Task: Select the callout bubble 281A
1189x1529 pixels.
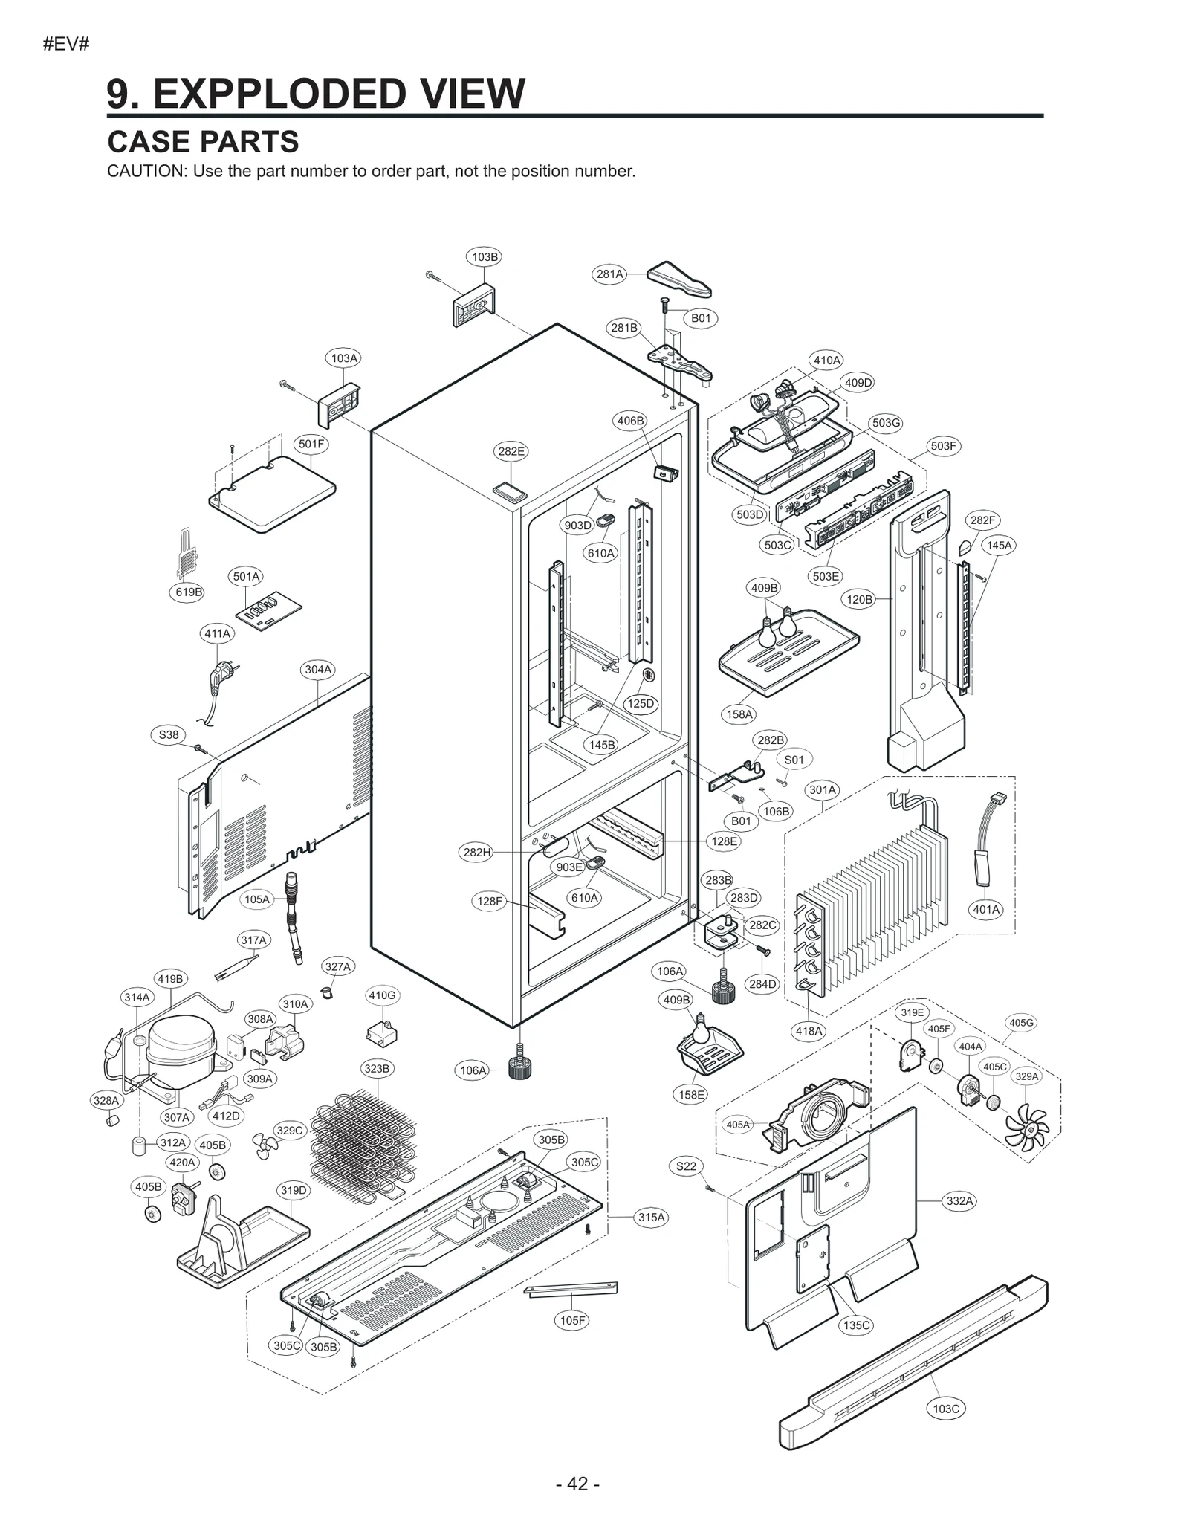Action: tap(609, 274)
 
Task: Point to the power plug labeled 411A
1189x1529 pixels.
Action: tap(220, 677)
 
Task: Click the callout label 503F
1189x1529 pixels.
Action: tap(943, 446)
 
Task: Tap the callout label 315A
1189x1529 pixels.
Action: tap(651, 1218)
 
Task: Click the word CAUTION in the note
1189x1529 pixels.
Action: tap(146, 172)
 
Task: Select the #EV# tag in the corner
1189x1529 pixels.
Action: tap(66, 44)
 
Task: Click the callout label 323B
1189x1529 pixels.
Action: tap(377, 1069)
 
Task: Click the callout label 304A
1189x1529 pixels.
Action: tap(318, 670)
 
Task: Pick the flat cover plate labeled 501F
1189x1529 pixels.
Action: tap(272, 494)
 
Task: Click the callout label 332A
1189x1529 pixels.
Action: tap(959, 1201)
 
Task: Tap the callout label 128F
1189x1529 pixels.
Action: tap(489, 902)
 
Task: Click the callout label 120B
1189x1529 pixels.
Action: tap(859, 599)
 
